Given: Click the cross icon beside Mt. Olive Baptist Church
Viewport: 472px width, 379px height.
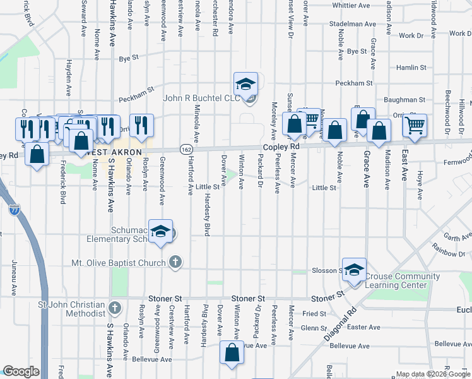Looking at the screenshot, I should click(x=175, y=262).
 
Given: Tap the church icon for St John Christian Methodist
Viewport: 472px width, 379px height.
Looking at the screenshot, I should click(x=114, y=308).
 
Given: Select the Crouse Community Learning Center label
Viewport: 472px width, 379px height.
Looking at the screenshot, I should click(x=403, y=280).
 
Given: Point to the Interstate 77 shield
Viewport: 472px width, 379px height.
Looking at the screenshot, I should click(x=15, y=207).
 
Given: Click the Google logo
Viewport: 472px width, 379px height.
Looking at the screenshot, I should click(x=21, y=371).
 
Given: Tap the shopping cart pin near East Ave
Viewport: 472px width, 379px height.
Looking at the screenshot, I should click(x=415, y=126).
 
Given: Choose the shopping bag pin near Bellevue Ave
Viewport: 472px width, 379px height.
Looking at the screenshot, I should click(x=232, y=353).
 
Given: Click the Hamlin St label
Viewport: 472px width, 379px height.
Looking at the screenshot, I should click(x=411, y=67).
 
